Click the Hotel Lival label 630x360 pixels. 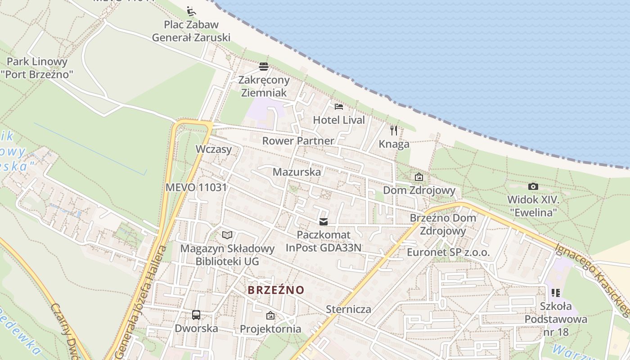339,120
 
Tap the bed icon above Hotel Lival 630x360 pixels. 339,107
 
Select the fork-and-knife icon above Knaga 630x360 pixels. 394,130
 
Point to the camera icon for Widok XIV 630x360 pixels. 533,186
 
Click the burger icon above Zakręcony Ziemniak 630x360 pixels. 264,67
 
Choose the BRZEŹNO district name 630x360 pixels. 276,290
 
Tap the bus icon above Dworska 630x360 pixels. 196,315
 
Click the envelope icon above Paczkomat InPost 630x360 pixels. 323,221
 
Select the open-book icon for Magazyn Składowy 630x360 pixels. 227,235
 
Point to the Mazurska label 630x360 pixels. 297,172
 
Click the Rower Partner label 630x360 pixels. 298,141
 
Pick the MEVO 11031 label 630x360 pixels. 196,187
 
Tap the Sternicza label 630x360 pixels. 349,309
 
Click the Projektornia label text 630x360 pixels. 270,329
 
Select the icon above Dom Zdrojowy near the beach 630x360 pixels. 419,177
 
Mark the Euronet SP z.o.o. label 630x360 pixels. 448,252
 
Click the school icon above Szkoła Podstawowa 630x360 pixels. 556,293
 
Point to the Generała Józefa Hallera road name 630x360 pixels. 139,301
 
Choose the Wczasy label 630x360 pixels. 214,149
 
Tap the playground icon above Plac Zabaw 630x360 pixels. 191,10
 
